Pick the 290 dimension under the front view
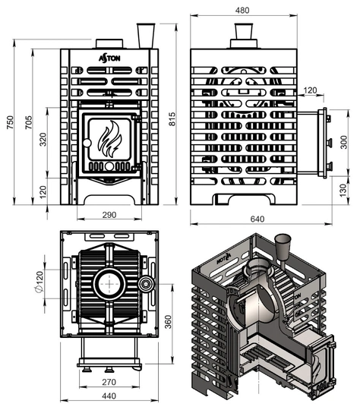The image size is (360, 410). click(109, 216)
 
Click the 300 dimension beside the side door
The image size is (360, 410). click(343, 142)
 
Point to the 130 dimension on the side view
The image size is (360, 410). click(343, 189)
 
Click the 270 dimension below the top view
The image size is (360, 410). click(109, 383)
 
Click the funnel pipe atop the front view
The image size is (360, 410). click(145, 35)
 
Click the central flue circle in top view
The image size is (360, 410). click(111, 285)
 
